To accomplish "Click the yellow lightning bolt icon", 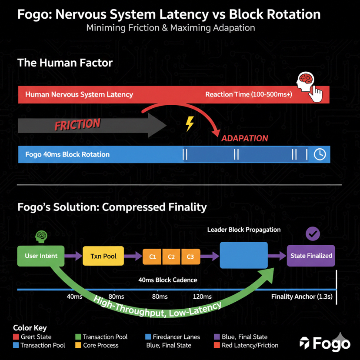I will (190, 123).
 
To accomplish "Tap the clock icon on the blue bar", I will (320, 154).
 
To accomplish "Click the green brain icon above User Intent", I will (41, 236).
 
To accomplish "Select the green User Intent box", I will (41, 256).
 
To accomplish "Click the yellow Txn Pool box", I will (103, 256).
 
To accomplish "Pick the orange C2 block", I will (171, 257).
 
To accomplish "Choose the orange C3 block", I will (190, 257).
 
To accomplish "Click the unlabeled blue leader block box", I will (243, 255).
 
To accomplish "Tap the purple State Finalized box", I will (311, 256).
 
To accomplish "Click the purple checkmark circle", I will (313, 234).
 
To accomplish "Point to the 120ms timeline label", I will (202, 297).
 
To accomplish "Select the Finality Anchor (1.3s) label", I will (302, 297).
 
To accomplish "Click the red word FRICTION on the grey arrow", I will (77, 125).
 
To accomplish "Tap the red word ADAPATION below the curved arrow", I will (244, 138).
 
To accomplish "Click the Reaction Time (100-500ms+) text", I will (249, 94).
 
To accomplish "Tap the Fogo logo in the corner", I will (325, 343).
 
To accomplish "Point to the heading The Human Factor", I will (65, 63).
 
